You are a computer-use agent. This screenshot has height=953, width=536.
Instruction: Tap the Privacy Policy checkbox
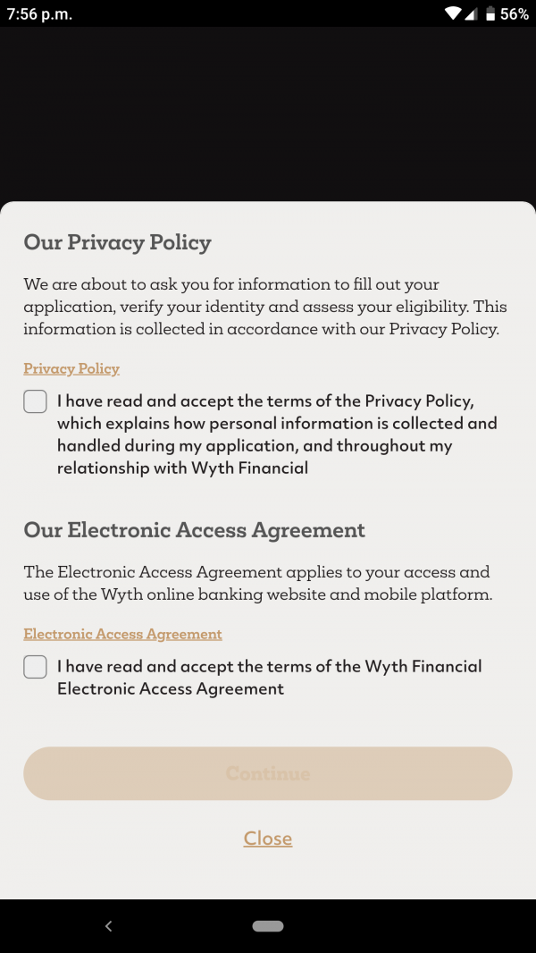pos(35,401)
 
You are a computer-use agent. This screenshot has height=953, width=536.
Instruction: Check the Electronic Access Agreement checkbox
pos(35,667)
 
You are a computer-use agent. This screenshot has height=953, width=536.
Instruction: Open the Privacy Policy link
pos(71,368)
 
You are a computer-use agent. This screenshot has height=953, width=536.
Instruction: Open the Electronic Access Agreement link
pos(122,634)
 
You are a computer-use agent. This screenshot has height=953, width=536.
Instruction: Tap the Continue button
pos(268,773)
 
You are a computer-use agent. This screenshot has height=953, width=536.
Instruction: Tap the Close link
pos(268,839)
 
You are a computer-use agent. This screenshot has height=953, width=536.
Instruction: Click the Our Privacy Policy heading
pos(117,242)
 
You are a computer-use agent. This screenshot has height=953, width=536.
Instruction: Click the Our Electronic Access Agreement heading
pos(194,529)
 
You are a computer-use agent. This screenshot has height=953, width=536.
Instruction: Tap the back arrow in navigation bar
pos(108,926)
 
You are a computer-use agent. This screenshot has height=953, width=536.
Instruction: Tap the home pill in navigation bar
pos(268,926)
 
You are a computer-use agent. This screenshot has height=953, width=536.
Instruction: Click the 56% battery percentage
pos(515,14)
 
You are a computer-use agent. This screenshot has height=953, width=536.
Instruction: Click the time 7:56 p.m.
pos(39,14)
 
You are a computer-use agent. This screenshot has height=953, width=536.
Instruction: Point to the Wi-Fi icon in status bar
pos(454,13)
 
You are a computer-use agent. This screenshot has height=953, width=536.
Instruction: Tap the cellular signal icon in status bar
pos(472,13)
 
